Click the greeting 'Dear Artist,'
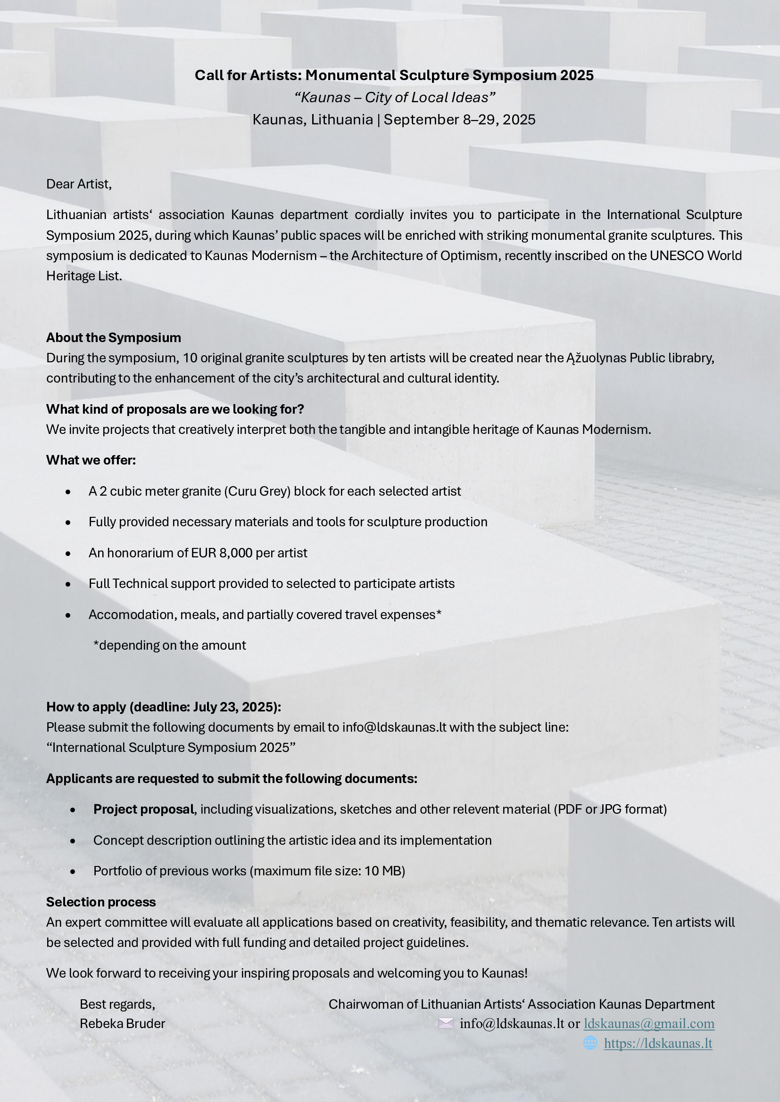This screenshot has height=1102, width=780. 79,184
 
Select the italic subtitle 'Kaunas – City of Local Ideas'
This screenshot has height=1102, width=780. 394,98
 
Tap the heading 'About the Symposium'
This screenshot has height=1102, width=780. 113,338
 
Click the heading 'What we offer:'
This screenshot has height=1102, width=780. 91,460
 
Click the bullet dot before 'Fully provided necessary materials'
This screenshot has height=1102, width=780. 68,522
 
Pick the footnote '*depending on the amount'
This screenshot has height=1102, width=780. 170,645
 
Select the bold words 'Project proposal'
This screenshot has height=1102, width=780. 144,809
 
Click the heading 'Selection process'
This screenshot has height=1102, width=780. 101,902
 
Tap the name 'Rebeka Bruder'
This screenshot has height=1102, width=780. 123,1024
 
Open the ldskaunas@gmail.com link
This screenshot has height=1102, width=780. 649,1024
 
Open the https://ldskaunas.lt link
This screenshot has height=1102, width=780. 658,1044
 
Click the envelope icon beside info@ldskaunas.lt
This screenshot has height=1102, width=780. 446,1023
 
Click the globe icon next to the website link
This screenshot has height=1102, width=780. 590,1043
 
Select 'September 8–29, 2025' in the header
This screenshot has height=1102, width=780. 459,120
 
